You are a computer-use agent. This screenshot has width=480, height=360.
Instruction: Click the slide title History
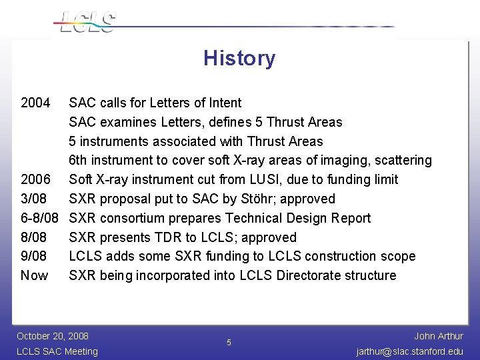239,59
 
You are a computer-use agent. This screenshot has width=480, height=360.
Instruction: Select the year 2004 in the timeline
35,103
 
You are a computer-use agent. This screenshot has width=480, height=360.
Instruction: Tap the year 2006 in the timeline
35,179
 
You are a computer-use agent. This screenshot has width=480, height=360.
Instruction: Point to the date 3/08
34,199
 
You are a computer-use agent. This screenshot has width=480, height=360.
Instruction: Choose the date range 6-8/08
41,218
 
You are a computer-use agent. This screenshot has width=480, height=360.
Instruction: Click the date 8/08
34,237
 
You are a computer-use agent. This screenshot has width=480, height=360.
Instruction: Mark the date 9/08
34,257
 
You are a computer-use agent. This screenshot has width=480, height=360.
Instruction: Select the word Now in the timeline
35,276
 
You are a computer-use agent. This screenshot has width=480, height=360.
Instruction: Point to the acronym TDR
167,237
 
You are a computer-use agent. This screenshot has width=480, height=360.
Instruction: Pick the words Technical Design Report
298,218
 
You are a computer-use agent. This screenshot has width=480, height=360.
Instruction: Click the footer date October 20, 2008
53,336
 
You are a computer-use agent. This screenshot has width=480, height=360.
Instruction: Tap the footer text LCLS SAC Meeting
57,351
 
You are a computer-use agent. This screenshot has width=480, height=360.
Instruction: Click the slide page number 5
229,343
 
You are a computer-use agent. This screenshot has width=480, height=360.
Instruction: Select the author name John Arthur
438,336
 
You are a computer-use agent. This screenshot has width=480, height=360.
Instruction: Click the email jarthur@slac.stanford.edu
409,351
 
